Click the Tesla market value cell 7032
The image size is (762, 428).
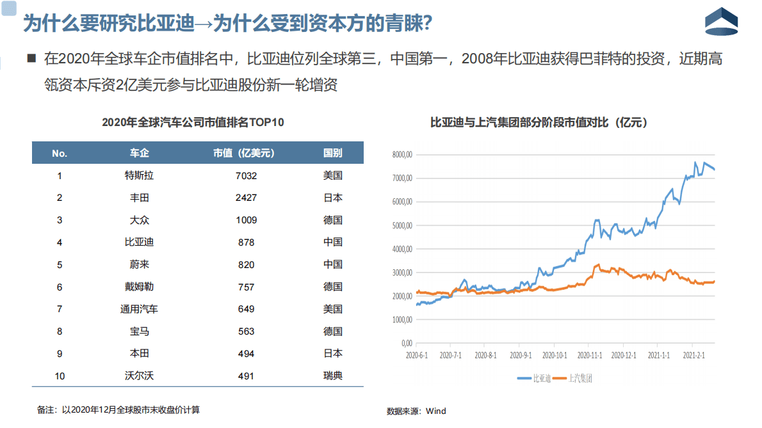click(x=246, y=176)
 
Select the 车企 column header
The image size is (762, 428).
click(x=139, y=154)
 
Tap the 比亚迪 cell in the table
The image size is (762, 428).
click(x=139, y=242)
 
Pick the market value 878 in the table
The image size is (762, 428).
click(x=246, y=242)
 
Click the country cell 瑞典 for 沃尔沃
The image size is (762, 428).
click(x=332, y=376)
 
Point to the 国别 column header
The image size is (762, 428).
click(x=332, y=154)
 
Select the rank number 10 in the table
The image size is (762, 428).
click(x=60, y=376)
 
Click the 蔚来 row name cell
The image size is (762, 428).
click(x=139, y=265)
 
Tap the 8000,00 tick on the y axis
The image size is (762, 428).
click(x=401, y=155)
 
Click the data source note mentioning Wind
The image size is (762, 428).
click(x=416, y=411)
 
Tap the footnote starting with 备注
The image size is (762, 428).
click(x=123, y=409)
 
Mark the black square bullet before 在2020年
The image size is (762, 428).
click(x=31, y=58)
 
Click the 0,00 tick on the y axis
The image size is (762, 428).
click(x=405, y=343)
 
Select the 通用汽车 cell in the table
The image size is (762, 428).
click(x=139, y=309)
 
